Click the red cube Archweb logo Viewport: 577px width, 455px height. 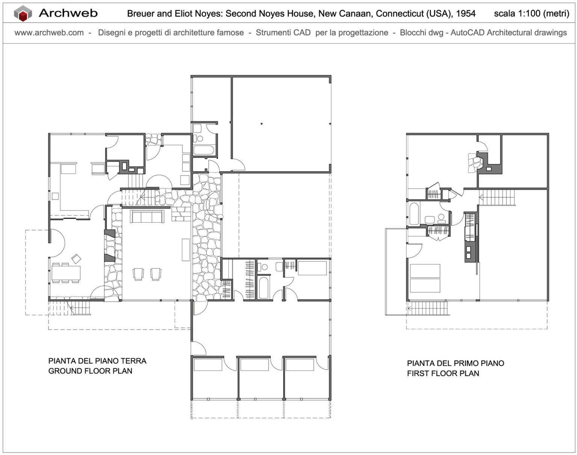click(23, 13)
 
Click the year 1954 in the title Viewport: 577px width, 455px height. click(466, 14)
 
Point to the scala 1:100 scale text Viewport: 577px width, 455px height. click(532, 14)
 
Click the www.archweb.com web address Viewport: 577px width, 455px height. click(49, 33)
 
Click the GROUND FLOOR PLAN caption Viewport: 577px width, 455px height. click(91, 371)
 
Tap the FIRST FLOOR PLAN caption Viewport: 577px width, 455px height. click(443, 373)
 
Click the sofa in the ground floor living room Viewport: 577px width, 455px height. click(147, 216)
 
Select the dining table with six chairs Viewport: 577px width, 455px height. click(66, 273)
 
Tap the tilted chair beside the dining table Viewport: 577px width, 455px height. click(76, 259)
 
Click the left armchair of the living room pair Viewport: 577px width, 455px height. click(138, 274)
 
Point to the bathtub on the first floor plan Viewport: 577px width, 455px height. click(414, 214)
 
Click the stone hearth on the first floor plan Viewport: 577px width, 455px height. click(475, 163)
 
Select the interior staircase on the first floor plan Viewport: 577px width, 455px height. click(497, 197)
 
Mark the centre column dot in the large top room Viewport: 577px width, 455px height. click(261, 124)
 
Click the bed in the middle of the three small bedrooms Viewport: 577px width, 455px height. click(254, 365)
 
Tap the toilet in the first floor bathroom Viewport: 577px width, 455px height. click(441, 218)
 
